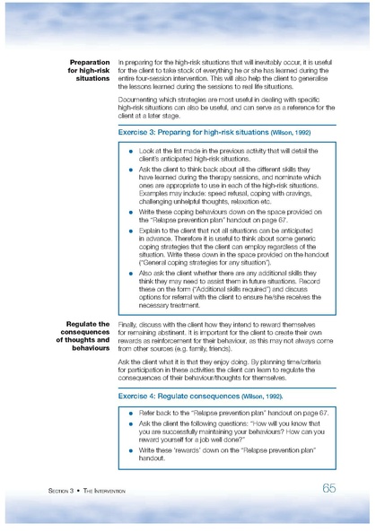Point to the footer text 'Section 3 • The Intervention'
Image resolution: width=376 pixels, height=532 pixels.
click(87, 492)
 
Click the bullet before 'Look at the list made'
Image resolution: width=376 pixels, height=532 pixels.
click(131, 153)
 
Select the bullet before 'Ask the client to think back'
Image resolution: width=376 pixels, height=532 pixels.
click(131, 168)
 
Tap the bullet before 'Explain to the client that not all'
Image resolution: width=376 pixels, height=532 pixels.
click(131, 231)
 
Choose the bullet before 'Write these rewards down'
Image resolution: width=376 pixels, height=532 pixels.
click(131, 450)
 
